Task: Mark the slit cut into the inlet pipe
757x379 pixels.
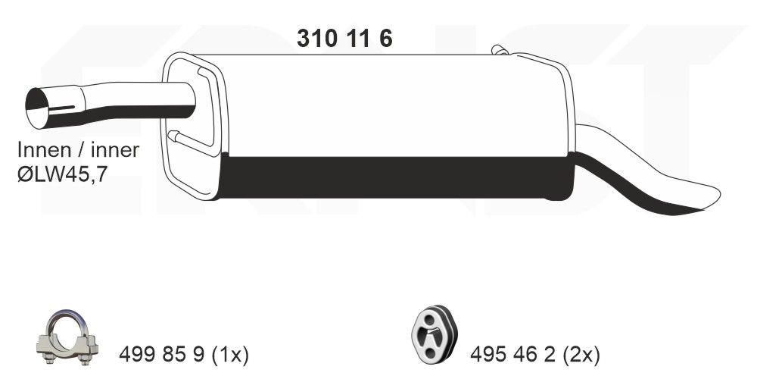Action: click(68, 107)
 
